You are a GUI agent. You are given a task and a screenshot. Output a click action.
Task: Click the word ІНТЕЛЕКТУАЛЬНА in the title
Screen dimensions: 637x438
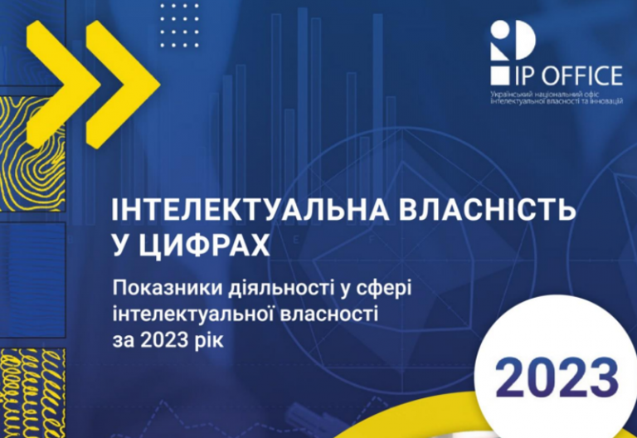(250, 210)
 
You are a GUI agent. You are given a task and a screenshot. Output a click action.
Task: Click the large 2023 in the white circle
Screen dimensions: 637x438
(557, 378)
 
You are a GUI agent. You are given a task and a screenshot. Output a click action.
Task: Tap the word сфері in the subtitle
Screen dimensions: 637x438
(384, 290)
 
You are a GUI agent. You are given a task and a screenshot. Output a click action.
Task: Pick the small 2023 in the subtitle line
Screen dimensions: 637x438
(164, 340)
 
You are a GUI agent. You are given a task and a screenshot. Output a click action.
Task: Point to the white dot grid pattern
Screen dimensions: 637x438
(179, 25)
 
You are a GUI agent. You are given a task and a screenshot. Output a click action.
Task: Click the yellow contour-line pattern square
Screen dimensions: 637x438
(32, 154)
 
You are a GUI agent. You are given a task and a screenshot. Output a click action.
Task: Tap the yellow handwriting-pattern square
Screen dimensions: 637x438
(32, 393)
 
